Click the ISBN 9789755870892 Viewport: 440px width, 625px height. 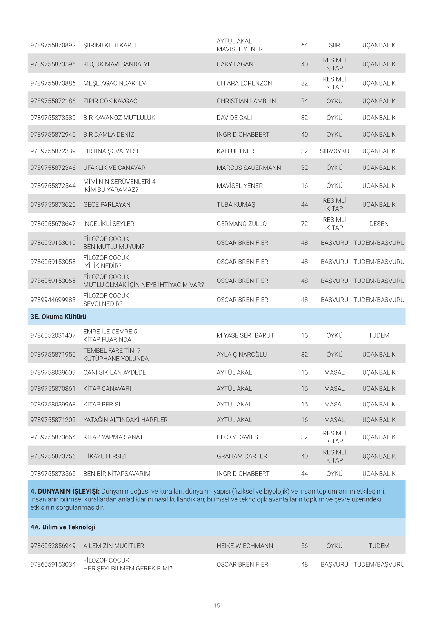[53, 45]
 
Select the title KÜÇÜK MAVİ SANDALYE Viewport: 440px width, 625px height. [117, 64]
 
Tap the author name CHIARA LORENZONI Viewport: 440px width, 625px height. [245, 83]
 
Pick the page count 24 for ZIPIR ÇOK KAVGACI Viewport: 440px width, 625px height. [304, 101]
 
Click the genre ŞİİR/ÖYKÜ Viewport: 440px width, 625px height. [334, 151]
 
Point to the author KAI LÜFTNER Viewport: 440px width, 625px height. [235, 151]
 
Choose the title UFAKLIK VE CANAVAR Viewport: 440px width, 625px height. [114, 168]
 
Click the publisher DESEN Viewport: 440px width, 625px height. [378, 224]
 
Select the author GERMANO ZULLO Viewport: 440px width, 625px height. [242, 224]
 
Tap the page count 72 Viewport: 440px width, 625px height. [304, 224]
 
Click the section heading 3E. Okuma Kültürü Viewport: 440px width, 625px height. [58, 317]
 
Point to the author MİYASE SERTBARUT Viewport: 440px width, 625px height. [245, 335]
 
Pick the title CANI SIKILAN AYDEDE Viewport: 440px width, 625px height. [115, 372]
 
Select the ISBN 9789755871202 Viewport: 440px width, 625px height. [53, 420]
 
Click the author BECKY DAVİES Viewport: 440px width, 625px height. [237, 437]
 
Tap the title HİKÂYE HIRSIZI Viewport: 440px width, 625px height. [105, 456]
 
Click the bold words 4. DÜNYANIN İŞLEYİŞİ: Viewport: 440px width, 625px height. [65, 491]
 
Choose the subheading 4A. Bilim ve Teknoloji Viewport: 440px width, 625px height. [63, 527]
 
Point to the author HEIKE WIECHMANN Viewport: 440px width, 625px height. [245, 546]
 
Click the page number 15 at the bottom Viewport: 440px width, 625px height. [217, 605]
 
